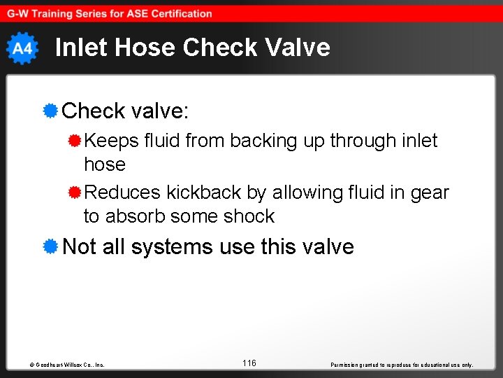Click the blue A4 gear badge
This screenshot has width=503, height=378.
tap(22, 48)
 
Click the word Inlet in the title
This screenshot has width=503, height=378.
tap(80, 48)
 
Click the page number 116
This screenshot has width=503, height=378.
tap(249, 363)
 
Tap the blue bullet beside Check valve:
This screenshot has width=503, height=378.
tap(50, 111)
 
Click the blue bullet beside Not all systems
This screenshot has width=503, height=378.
tap(50, 246)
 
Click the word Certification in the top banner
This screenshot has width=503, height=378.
tap(180, 13)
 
